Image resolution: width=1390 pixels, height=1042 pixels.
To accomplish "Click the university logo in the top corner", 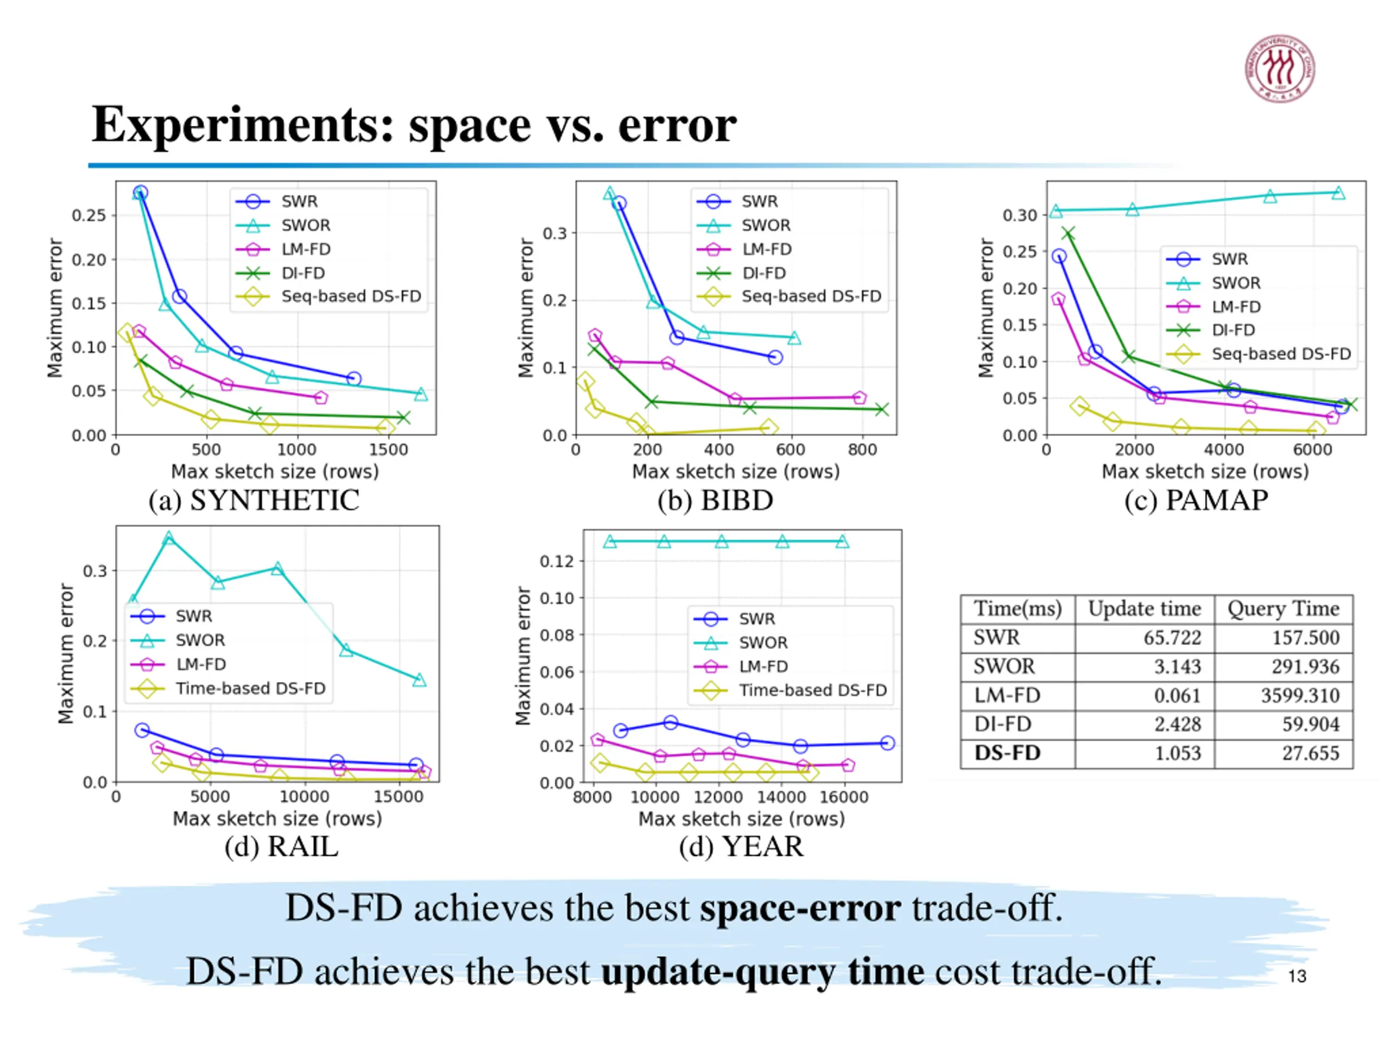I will (x=1279, y=68).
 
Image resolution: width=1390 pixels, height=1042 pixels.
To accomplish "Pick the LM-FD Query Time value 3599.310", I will (x=1299, y=695).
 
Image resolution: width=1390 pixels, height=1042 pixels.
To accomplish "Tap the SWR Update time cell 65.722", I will (x=1172, y=638).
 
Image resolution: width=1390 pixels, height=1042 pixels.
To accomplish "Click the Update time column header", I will (x=1144, y=608).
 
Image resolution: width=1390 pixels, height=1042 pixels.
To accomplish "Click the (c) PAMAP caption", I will (x=1196, y=500).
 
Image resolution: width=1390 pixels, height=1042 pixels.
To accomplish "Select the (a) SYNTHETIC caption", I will (x=254, y=500).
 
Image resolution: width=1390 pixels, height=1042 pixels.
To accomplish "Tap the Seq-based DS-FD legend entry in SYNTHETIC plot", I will (x=351, y=296).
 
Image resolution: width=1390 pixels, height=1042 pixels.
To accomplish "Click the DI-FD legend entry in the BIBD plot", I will (x=763, y=273).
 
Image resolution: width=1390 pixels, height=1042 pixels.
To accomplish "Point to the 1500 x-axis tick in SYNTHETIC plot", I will (x=388, y=450).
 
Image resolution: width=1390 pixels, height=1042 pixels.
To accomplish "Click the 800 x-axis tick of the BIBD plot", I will (x=862, y=450).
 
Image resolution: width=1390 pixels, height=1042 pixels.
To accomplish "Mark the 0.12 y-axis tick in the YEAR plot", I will (x=557, y=561).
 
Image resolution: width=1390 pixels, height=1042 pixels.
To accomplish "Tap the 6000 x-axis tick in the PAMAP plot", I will (x=1312, y=450).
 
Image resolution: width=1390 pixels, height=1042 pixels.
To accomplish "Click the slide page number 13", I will (x=1297, y=976).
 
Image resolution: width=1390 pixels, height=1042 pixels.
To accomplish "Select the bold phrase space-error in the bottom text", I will (x=800, y=908).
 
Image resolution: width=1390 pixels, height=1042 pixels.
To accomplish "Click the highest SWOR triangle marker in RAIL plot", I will (x=168, y=538).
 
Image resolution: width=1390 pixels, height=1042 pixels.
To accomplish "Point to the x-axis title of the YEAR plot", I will (x=742, y=819).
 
